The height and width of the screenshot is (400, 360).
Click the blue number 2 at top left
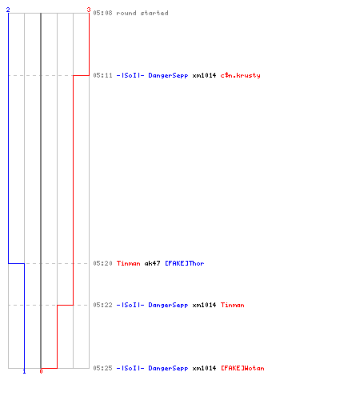[8, 10]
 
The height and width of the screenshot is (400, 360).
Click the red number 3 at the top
[89, 10]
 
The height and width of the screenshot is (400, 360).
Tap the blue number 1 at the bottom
[24, 371]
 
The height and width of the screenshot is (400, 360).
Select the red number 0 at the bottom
[41, 371]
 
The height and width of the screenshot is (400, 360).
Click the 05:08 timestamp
[102, 13]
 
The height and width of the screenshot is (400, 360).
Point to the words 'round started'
[142, 13]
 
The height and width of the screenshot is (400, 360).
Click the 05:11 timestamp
[102, 75]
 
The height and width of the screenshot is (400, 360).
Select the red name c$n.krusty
[240, 75]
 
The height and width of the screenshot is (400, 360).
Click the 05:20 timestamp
[102, 263]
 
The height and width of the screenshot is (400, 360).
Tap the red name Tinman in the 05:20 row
[129, 263]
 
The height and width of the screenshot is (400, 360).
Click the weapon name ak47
[152, 263]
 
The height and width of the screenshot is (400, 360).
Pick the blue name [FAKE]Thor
[185, 263]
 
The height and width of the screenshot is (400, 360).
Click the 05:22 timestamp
[102, 305]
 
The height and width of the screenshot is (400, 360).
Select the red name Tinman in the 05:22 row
[232, 305]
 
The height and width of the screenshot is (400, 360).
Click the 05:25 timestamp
[102, 368]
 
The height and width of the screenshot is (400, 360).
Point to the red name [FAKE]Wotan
[242, 368]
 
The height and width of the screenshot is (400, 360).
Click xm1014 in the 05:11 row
[204, 75]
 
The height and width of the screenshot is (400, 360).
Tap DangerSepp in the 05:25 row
[168, 369]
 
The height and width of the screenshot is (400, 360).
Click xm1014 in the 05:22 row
[204, 305]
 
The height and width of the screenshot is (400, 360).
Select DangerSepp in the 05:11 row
[168, 76]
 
